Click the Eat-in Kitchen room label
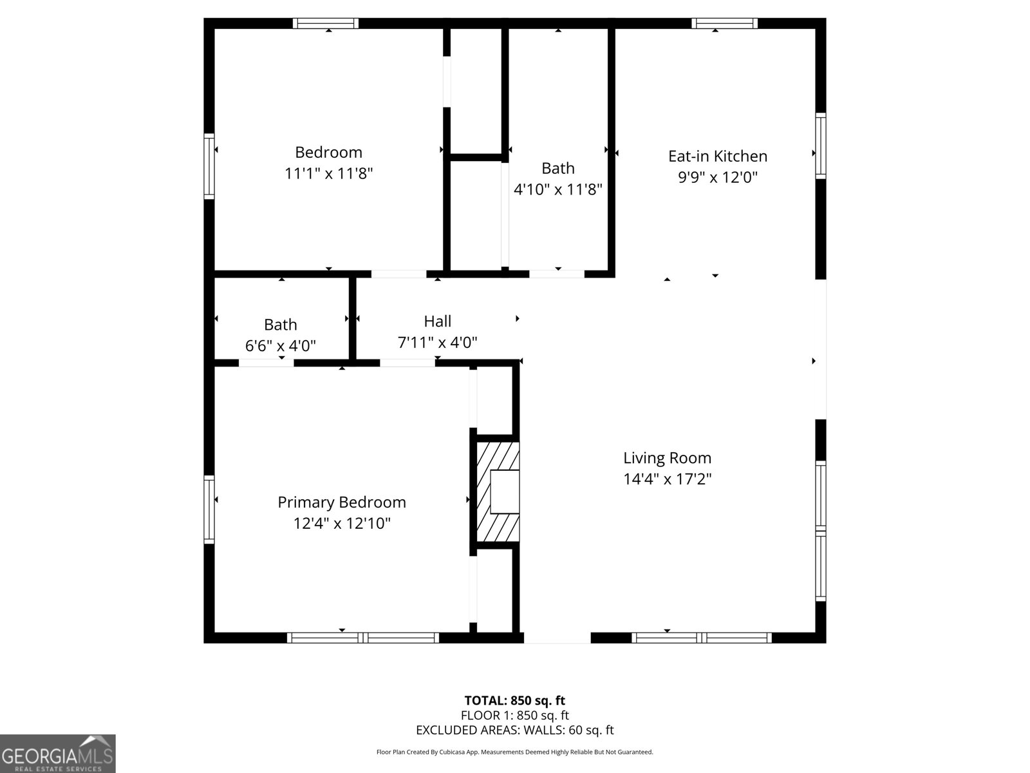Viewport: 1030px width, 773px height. click(717, 156)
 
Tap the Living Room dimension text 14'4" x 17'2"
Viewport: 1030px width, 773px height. click(667, 479)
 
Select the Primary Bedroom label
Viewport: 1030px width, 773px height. click(341, 502)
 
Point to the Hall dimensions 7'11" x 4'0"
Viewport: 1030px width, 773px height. click(437, 343)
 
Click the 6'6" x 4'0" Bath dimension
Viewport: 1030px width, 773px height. click(280, 346)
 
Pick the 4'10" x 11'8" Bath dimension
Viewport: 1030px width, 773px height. click(557, 189)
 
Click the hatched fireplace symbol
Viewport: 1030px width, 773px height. click(498, 491)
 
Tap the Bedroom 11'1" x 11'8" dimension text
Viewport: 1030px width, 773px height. click(328, 173)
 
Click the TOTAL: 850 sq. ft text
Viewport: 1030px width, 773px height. click(514, 700)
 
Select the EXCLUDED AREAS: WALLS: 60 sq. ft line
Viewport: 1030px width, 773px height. click(514, 730)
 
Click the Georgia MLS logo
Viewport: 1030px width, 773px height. click(57, 753)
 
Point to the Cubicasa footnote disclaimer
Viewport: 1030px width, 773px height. click(514, 752)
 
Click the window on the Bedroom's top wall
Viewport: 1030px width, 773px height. click(326, 23)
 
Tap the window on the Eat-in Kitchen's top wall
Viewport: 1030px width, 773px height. click(724, 23)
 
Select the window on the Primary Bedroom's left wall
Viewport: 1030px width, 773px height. click(209, 509)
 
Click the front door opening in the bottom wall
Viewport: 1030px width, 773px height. click(557, 638)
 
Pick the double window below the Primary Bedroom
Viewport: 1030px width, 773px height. click(363, 638)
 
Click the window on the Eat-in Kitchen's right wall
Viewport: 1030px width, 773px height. click(821, 146)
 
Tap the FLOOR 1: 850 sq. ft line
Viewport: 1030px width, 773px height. click(514, 715)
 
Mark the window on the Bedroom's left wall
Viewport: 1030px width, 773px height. click(209, 166)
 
